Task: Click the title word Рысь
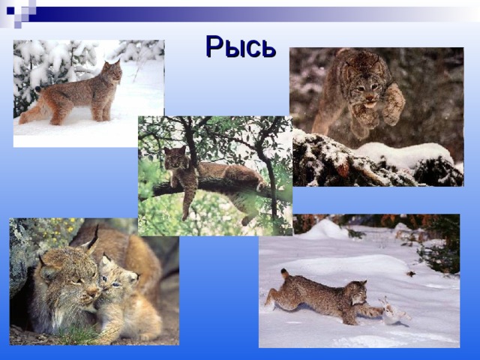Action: [241, 46]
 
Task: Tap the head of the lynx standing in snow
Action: [112, 71]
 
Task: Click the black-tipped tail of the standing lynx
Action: [38, 89]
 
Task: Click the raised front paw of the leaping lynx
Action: [394, 106]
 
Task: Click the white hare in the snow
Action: [393, 311]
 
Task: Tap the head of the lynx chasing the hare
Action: [358, 292]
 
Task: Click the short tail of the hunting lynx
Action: [285, 273]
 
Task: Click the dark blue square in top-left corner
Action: [10, 10]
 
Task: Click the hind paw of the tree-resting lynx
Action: [246, 220]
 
